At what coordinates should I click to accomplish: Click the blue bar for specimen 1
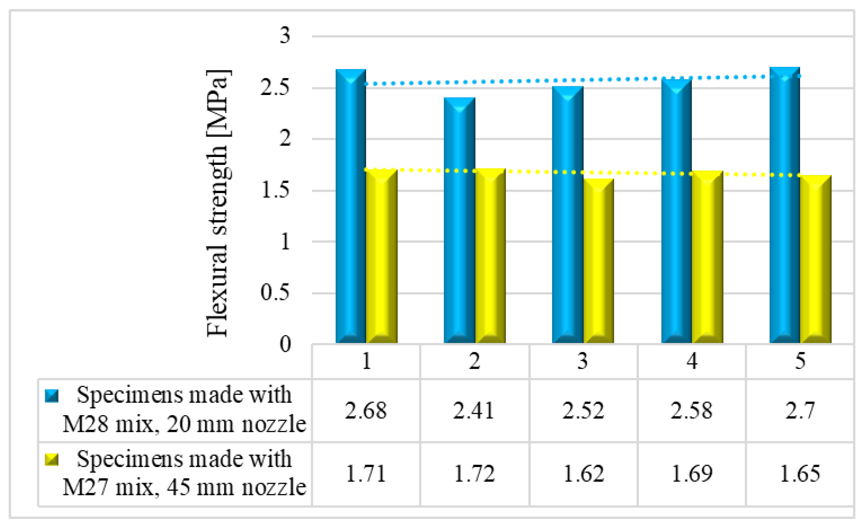(x=351, y=207)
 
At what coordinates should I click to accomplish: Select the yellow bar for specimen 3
(x=599, y=261)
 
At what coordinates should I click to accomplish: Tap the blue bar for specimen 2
(x=459, y=221)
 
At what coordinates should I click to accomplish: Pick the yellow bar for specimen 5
(x=815, y=259)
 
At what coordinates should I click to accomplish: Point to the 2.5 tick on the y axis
(x=275, y=88)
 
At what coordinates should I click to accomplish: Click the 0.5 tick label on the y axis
(x=275, y=293)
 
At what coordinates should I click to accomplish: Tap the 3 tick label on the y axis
(x=285, y=36)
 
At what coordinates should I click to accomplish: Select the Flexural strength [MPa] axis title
(x=217, y=203)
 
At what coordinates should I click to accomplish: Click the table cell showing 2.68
(x=366, y=411)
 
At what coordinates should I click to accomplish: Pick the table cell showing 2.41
(x=474, y=411)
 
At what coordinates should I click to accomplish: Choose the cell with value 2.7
(x=800, y=411)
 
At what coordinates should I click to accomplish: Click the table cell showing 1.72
(x=474, y=474)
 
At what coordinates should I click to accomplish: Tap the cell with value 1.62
(x=583, y=474)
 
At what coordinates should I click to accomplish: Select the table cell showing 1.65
(x=800, y=474)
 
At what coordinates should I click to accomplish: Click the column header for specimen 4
(x=692, y=362)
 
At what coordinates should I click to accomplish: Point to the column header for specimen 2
(x=474, y=362)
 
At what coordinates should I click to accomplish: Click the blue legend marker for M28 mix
(x=52, y=396)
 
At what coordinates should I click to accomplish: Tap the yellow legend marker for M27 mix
(x=52, y=459)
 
